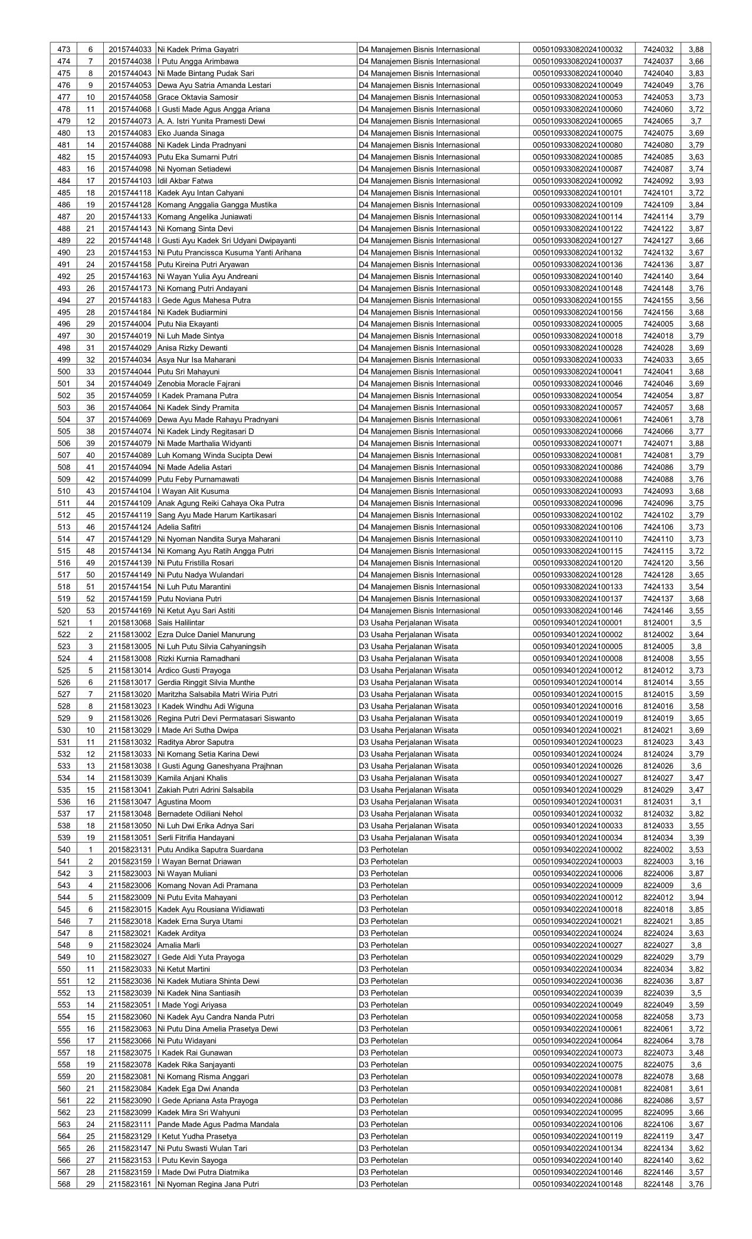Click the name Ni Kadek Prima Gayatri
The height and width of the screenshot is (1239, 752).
(x=198, y=50)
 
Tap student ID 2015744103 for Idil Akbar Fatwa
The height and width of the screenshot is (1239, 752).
(x=130, y=181)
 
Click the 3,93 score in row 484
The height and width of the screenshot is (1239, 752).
(x=696, y=181)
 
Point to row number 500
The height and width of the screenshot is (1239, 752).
(x=64, y=372)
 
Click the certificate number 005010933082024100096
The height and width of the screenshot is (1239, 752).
(x=577, y=503)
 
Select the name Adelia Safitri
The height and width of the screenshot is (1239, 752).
(x=179, y=527)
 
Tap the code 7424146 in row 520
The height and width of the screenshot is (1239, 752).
(x=658, y=611)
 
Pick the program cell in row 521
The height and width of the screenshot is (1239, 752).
(x=408, y=623)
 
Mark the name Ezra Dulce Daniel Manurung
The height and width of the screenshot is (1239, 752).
(x=206, y=635)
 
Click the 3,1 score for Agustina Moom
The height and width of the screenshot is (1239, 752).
(x=696, y=802)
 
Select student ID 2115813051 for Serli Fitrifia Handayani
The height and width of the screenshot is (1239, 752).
(x=130, y=838)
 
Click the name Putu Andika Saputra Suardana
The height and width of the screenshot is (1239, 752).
(x=211, y=850)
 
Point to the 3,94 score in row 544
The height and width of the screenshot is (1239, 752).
(x=696, y=897)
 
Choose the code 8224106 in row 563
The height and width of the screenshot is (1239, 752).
(x=658, y=1125)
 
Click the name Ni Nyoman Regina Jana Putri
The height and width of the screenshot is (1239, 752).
(x=208, y=1184)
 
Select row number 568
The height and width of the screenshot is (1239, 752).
(x=64, y=1184)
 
